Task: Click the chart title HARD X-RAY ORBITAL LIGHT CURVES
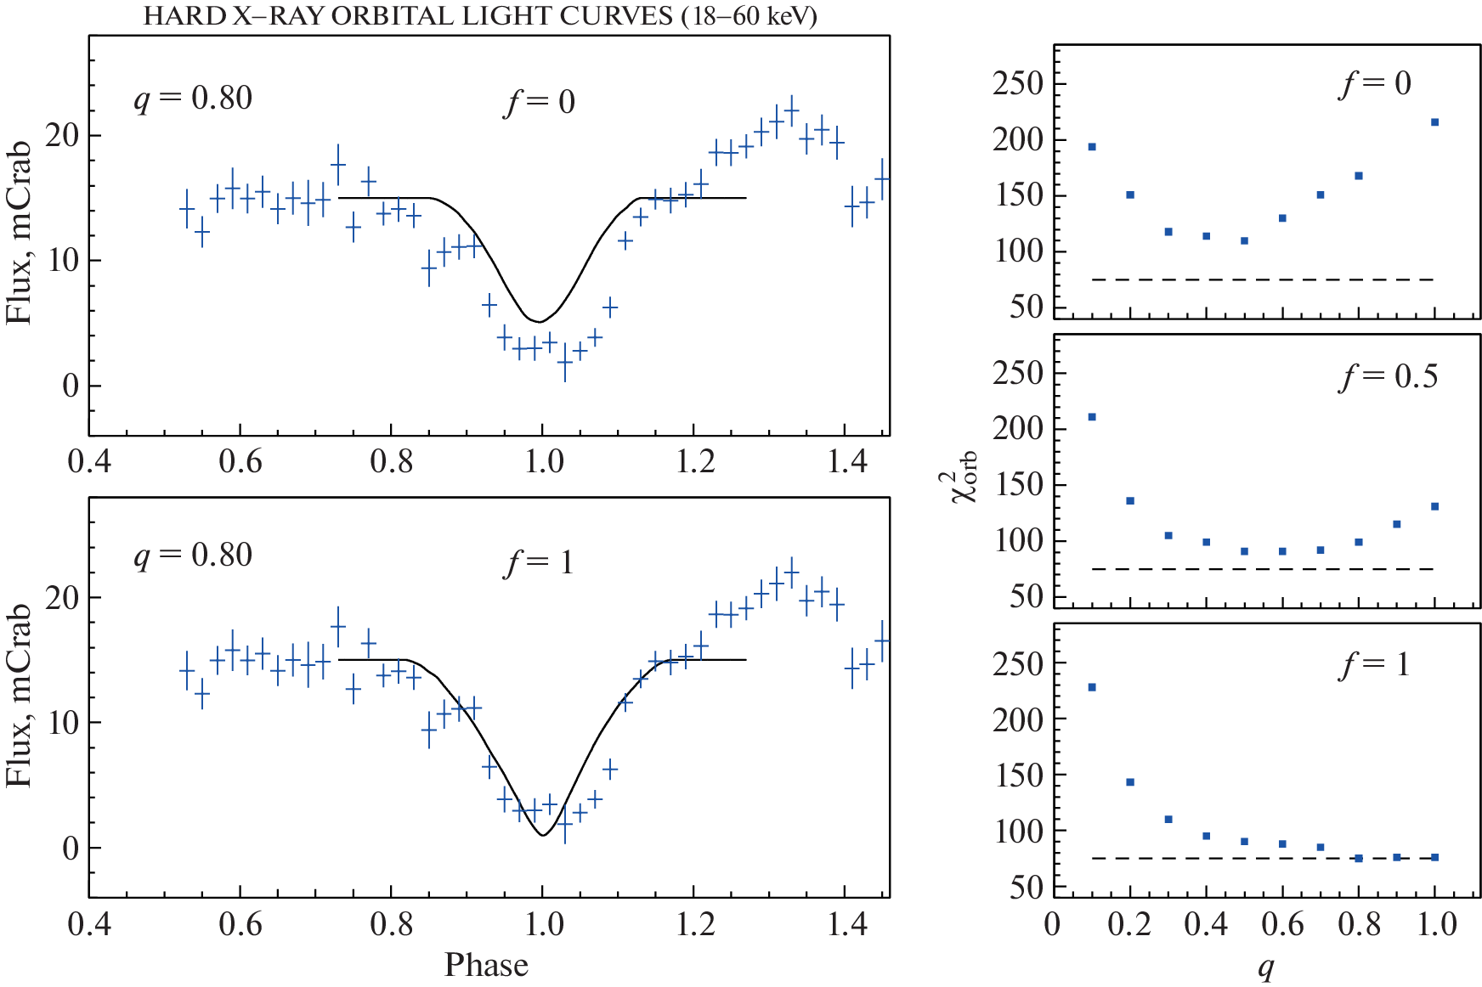tap(480, 17)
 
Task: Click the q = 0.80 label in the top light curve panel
tap(193, 99)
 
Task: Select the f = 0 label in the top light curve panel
tap(540, 102)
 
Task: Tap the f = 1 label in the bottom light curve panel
tap(540, 562)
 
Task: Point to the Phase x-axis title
tap(486, 965)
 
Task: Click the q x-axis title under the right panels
tap(1266, 967)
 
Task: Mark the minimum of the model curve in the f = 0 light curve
tap(540, 322)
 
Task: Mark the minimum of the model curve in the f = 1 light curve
tap(542, 835)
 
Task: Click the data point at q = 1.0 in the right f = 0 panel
tap(1434, 122)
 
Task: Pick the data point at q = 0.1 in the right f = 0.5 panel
tap(1092, 417)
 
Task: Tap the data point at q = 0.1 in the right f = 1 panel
tap(1092, 687)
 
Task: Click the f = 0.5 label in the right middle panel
tap(1389, 376)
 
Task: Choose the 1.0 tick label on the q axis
tap(1436, 924)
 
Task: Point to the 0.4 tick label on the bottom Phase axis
tap(89, 924)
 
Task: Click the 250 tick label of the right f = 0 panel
tap(1017, 84)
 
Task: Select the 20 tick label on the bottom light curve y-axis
tap(62, 598)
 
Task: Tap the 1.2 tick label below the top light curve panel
tap(694, 462)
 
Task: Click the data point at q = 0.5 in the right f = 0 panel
tap(1244, 241)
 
